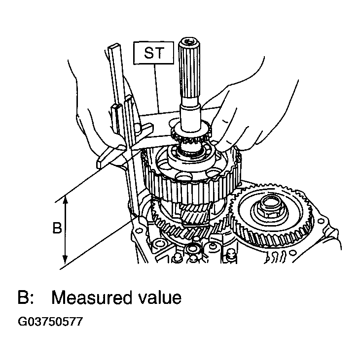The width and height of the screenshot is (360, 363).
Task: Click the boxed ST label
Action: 153,53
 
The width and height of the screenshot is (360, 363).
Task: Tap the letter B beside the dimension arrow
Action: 57,228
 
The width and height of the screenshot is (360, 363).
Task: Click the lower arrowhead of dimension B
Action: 66,259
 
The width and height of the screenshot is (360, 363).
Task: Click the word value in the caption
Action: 156,297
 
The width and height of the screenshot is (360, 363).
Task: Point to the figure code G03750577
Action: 50,322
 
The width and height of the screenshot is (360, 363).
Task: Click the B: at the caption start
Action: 26,297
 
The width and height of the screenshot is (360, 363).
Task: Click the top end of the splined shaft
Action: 189,41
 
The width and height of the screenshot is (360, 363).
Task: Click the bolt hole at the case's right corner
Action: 321,222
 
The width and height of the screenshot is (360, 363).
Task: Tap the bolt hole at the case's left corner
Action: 139,231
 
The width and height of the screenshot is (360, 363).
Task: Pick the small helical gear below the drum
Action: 194,215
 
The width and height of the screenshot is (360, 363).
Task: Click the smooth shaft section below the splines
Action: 190,116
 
